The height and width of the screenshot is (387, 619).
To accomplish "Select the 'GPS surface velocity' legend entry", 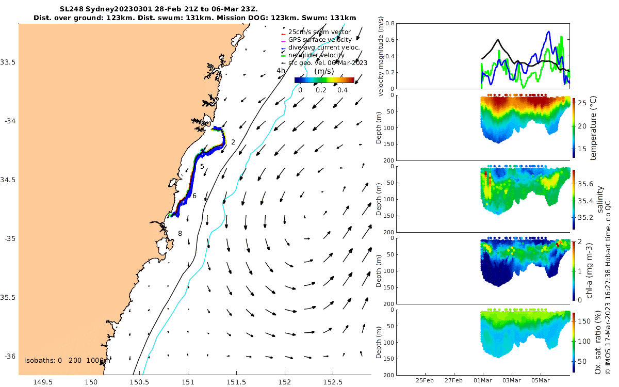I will point(320,40).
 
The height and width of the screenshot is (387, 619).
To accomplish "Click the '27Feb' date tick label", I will point(453,381).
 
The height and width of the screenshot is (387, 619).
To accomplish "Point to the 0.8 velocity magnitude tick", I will point(390,24).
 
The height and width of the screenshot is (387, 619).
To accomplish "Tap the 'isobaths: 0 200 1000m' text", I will point(67,360).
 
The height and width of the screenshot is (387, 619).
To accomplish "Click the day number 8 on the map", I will point(180,234).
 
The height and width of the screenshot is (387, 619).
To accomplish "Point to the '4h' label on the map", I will point(281,71).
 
